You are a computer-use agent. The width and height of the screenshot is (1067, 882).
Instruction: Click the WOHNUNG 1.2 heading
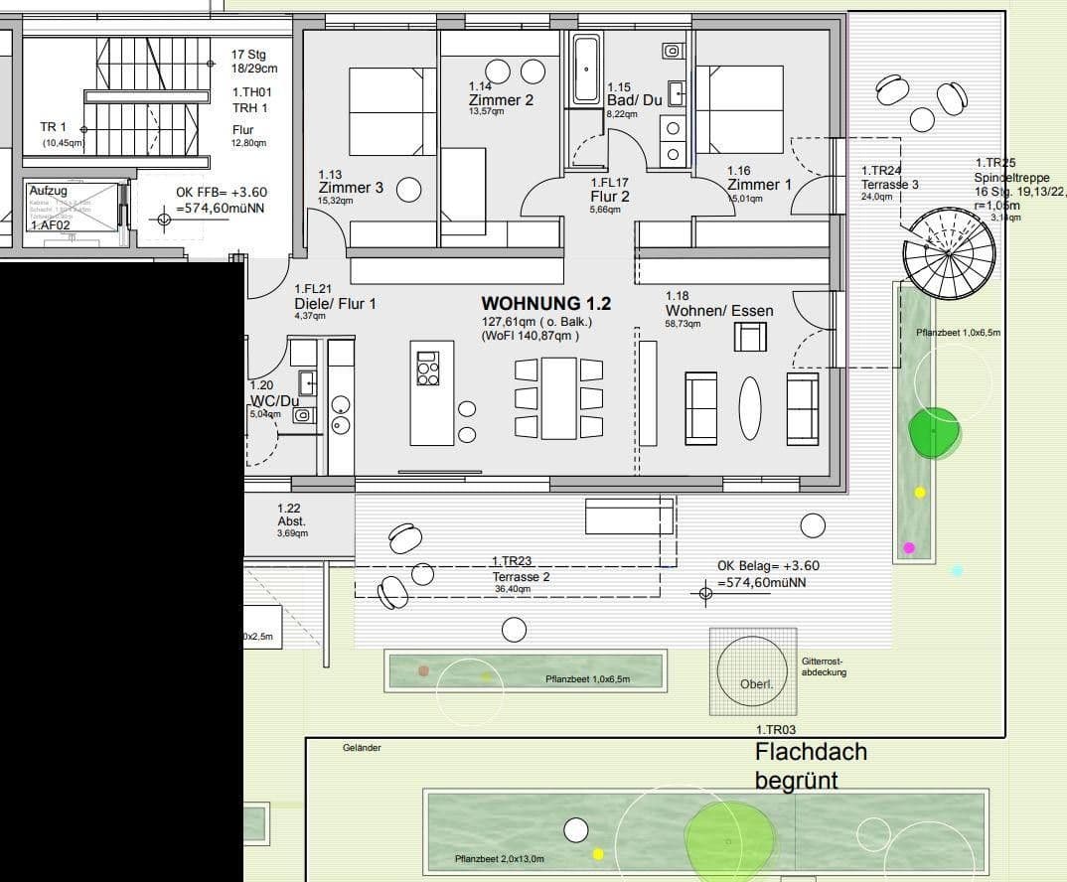tap(545, 304)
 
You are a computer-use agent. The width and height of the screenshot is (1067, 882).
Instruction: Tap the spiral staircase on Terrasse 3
tap(948, 254)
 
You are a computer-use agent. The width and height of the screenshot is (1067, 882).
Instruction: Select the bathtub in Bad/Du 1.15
tap(586, 70)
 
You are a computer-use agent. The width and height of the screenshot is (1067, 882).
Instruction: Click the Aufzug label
tap(49, 191)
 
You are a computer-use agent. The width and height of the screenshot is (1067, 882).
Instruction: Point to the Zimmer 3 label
tap(350, 187)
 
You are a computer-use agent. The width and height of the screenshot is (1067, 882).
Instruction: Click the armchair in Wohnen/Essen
tap(750, 338)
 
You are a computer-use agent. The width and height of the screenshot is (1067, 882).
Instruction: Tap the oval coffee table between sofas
tap(750, 407)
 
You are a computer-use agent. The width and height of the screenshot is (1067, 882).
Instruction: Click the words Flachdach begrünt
tap(810, 766)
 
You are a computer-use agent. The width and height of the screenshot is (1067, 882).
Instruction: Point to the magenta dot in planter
tap(909, 547)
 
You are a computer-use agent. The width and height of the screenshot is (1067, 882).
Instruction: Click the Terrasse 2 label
tap(521, 576)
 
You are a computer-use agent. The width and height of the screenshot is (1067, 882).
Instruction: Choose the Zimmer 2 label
tap(501, 100)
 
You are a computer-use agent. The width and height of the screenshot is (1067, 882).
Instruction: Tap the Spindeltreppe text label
tap(1010, 178)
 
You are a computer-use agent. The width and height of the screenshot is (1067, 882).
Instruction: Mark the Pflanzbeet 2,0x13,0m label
tap(499, 859)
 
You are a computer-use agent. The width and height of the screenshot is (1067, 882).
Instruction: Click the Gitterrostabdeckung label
tap(824, 666)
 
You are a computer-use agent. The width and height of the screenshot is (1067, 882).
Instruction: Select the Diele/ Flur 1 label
tap(335, 304)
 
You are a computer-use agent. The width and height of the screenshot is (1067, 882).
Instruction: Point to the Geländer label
tap(362, 748)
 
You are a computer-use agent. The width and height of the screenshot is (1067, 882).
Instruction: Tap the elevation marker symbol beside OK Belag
tap(705, 594)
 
